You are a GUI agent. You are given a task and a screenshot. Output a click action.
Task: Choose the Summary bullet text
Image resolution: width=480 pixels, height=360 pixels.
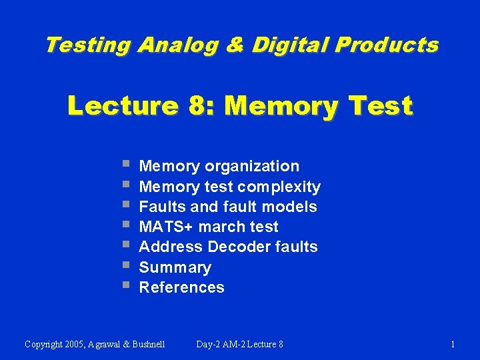(175, 267)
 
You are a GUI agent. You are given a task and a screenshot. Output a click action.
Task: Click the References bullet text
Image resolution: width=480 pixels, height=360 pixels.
(181, 287)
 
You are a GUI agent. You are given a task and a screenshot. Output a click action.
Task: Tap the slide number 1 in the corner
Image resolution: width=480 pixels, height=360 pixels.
(453, 344)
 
